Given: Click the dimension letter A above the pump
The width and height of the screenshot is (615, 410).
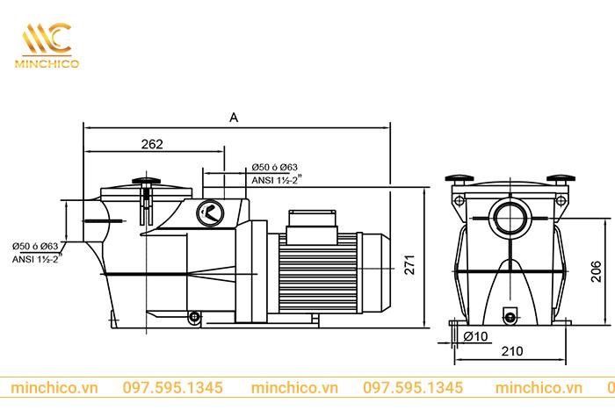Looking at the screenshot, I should pos(233,116).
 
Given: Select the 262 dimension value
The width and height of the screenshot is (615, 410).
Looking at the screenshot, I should pos(152,145).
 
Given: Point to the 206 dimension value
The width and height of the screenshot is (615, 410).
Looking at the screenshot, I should pos(595,275).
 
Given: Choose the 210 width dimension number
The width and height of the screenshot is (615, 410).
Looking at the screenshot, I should pos(512,351).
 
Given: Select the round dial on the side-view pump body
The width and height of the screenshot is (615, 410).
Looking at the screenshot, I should pos(210,211).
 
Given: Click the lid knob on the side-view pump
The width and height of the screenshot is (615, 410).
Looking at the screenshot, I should pos(146,183).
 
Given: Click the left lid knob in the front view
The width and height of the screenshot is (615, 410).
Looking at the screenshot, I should pos(459,176).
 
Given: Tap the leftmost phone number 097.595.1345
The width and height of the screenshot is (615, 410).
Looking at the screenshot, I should pos(172,387).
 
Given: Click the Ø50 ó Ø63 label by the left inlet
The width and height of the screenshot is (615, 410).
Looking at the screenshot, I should pos(35,247).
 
